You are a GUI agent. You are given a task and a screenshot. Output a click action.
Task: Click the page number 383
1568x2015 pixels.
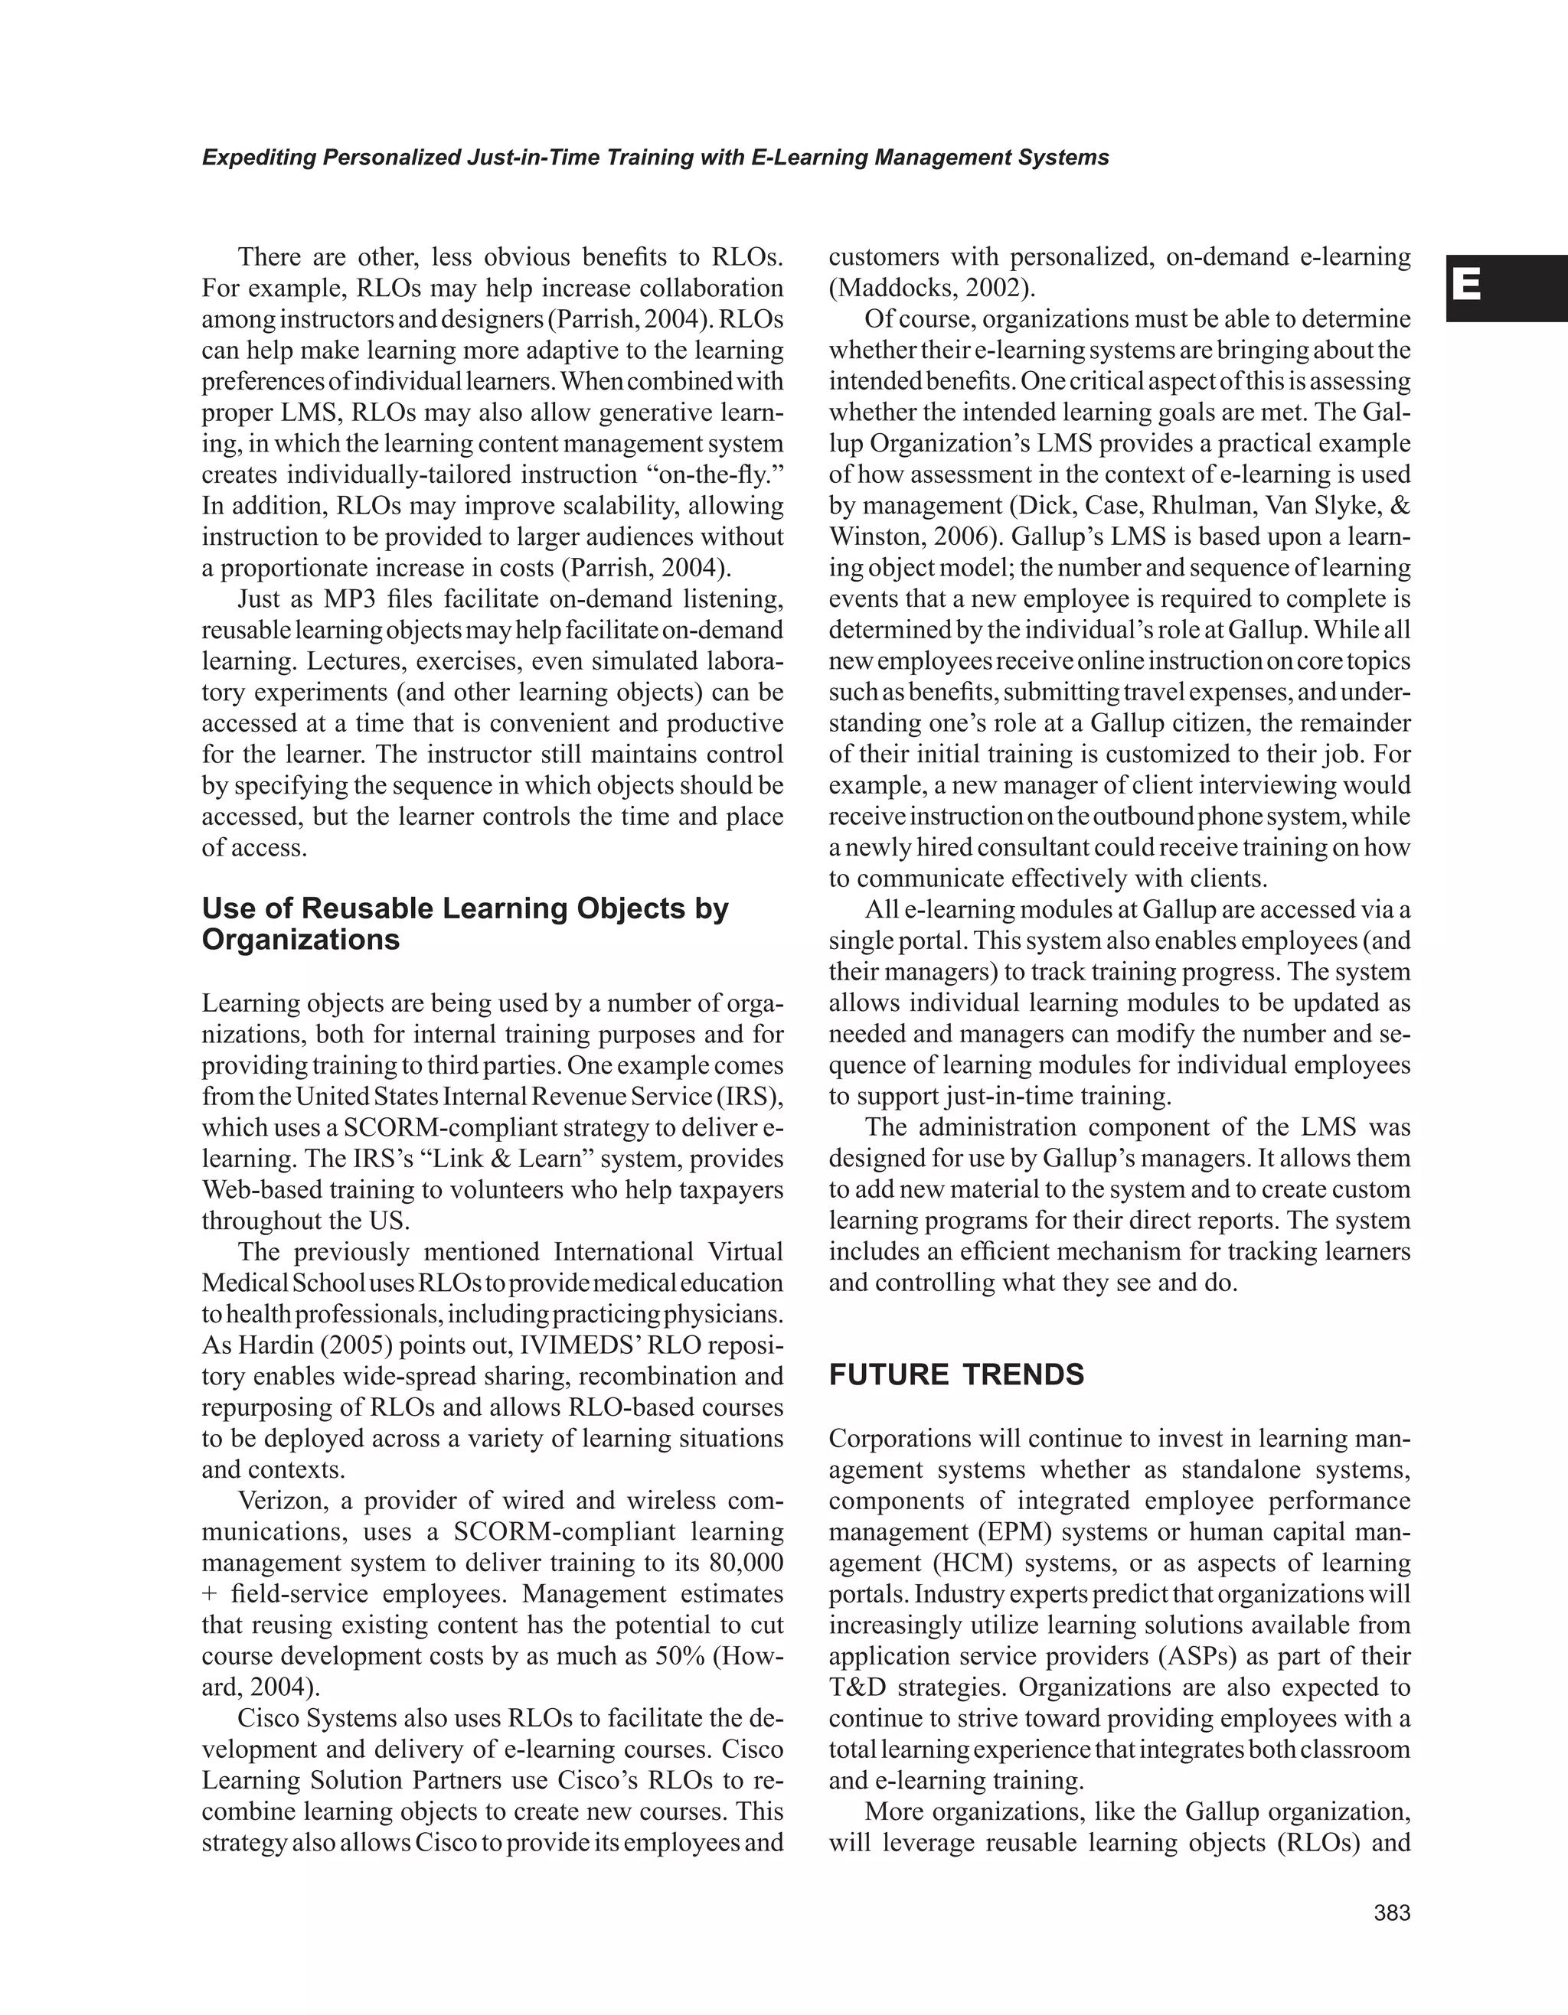pos(1392,1913)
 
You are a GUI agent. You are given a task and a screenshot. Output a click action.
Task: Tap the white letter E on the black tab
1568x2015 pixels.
pos(1468,286)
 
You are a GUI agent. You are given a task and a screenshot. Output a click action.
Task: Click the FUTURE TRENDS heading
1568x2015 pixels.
pos(956,1374)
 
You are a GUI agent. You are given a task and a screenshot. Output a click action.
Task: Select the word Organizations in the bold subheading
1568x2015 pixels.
pos(301,940)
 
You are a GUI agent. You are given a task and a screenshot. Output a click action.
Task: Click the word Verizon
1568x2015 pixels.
pos(291,1501)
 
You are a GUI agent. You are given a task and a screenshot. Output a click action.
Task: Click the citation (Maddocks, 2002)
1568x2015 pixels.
pos(931,288)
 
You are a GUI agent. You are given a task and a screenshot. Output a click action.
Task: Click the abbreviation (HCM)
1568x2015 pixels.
pos(966,1563)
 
